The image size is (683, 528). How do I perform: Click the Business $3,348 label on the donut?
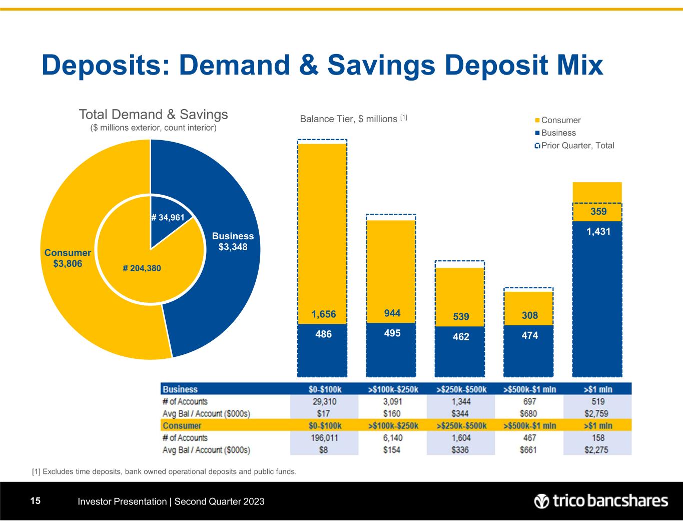coord(233,241)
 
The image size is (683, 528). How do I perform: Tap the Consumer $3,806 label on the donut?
coord(68,258)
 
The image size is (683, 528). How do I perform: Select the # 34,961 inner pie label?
coord(168,217)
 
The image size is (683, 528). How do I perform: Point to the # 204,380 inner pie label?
coord(142,268)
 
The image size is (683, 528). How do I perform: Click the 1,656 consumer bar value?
coord(323,314)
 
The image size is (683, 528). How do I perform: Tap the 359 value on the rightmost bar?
coord(597,212)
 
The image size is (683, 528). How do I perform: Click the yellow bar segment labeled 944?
coord(391,270)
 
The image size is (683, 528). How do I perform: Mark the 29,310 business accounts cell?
coord(325,401)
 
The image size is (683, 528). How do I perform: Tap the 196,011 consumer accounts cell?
coord(325,438)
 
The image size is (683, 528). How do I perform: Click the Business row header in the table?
coord(180,389)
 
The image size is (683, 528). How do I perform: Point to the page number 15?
coord(35,501)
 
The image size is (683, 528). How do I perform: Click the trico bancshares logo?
coord(601,501)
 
